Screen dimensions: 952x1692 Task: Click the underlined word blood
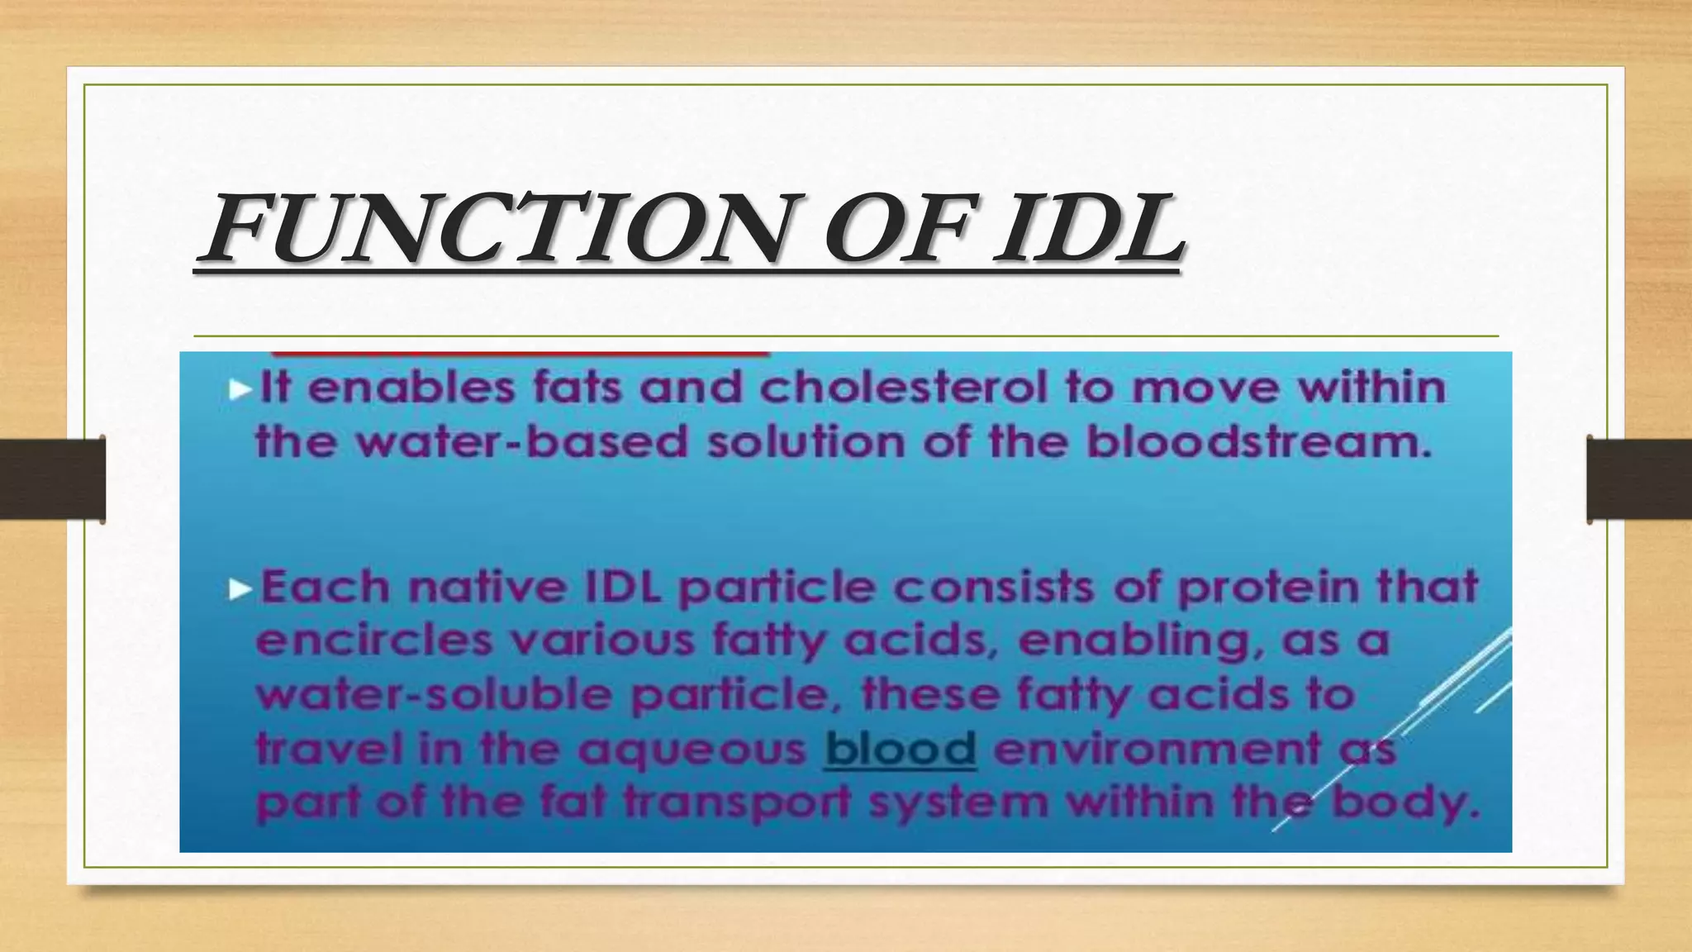(901, 749)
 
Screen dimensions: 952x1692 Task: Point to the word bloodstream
(1257, 441)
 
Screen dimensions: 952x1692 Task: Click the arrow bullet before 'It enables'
(240, 389)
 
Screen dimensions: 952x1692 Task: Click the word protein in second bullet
(1267, 588)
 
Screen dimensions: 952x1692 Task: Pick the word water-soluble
(435, 695)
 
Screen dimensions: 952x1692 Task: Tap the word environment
(1157, 749)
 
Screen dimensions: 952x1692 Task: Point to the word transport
(736, 802)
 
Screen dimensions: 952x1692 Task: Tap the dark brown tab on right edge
(1639, 479)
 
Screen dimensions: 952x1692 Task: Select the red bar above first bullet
(520, 354)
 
